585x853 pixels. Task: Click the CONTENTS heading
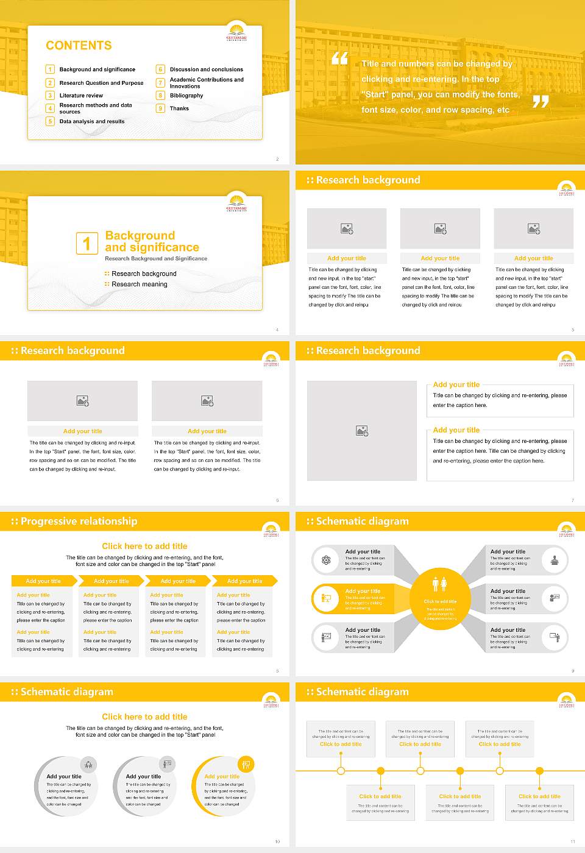[x=79, y=46]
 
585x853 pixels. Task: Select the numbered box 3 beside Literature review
[x=50, y=96]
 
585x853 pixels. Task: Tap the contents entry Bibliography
[x=186, y=96]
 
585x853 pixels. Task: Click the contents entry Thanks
[x=179, y=108]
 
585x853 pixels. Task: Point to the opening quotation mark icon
[x=339, y=58]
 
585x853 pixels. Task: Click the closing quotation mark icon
[x=541, y=102]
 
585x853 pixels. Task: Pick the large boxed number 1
[x=87, y=243]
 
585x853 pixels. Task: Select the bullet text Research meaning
[x=139, y=285]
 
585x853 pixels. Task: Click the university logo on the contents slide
[x=236, y=32]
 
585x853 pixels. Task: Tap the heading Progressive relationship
[x=79, y=522]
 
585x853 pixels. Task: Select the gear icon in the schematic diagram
[x=326, y=560]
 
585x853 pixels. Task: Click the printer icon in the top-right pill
[x=555, y=560]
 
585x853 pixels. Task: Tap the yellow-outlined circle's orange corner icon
[x=246, y=764]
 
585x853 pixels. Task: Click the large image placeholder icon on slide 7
[x=362, y=431]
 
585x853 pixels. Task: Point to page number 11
[x=572, y=841]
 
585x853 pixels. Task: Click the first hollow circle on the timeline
[x=341, y=771]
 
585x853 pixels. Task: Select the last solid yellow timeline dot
[x=539, y=771]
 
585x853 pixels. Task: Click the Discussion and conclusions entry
[x=206, y=69]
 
